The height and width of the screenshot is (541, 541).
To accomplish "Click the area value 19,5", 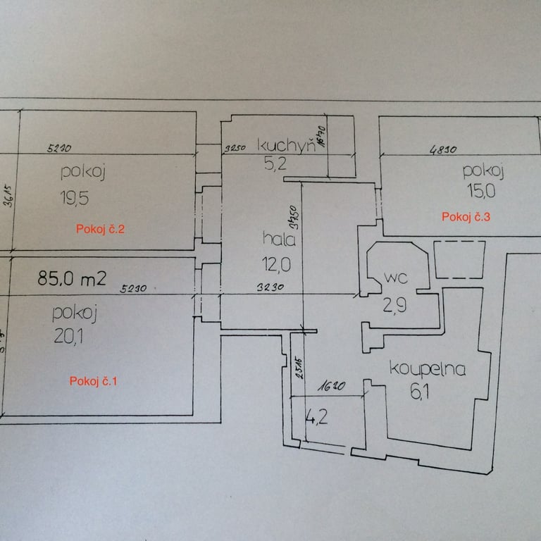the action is point(74,199).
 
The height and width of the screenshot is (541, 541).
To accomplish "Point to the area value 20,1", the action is point(68,337).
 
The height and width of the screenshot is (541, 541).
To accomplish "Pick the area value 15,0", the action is point(481,189).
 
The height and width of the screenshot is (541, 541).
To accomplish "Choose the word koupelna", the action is point(428,369).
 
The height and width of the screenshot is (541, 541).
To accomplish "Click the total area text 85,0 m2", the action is point(72,278).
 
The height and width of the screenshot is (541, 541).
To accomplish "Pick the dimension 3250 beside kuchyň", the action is point(235,149).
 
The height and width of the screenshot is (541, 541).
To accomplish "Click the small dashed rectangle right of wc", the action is point(459,259).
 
